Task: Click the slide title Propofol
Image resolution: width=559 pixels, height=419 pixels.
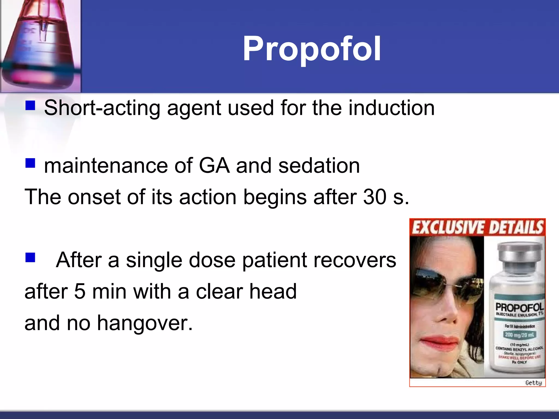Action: point(312,49)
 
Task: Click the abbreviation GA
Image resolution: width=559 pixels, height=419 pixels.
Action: point(214,166)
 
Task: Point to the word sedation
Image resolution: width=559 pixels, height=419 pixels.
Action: point(319,166)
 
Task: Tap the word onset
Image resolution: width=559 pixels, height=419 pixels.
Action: point(94,197)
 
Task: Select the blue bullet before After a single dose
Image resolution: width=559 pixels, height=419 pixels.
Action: point(30,257)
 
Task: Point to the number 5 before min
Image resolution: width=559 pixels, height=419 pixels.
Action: point(80,292)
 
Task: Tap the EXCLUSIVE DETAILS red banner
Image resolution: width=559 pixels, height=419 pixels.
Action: point(477,227)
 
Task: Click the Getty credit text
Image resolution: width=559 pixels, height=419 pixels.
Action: point(534,383)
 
